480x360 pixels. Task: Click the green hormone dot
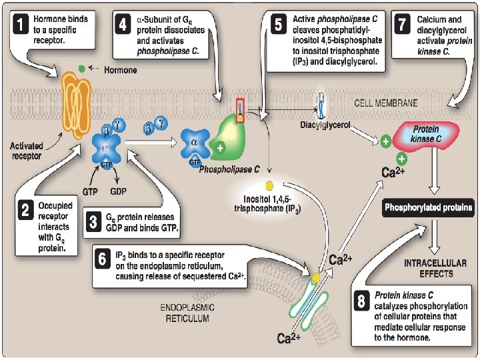click(81, 69)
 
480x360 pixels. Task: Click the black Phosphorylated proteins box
click(427, 208)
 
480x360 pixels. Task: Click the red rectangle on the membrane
click(240, 109)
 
